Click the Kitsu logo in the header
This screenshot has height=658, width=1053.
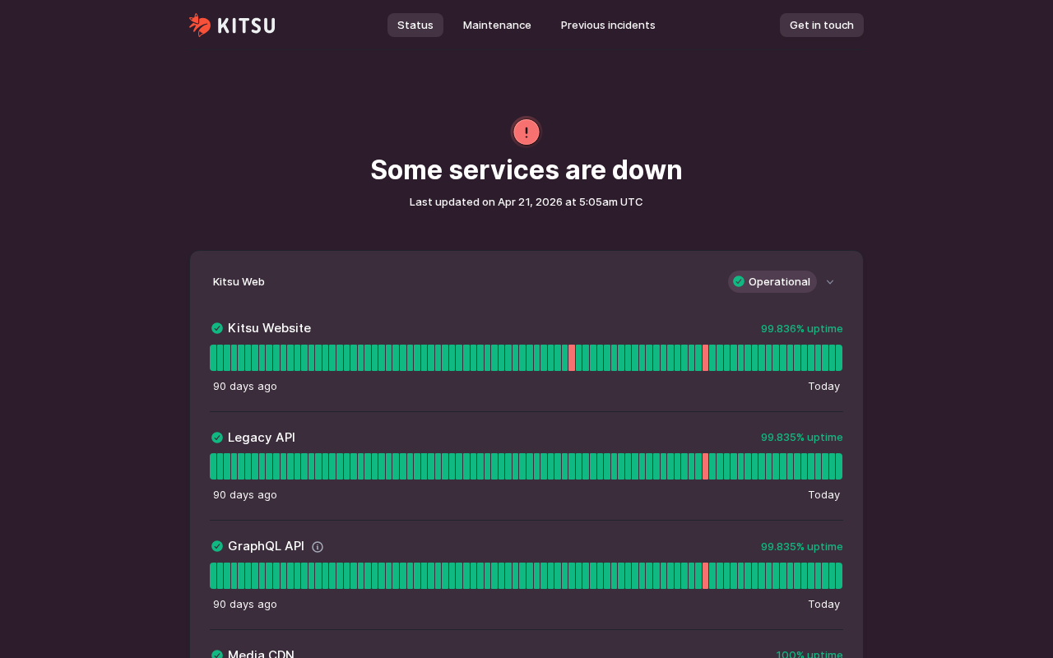tap(232, 25)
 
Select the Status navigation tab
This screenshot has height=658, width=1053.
tap(415, 25)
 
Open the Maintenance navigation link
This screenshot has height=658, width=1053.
tap(497, 25)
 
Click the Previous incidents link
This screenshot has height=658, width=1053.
tap(608, 25)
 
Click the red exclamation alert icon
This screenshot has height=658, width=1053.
tap(526, 132)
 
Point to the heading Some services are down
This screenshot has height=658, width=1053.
tap(526, 170)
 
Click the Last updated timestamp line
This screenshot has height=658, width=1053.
tap(526, 202)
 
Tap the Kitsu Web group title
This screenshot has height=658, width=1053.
tap(239, 281)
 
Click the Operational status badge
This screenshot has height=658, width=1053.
tap(772, 281)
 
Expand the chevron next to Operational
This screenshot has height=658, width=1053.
tap(830, 282)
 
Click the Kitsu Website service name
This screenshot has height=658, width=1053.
tap(269, 328)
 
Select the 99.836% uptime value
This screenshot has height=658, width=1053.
tap(801, 328)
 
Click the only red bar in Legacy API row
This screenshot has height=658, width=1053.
tap(706, 466)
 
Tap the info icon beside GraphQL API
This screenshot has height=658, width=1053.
tap(318, 547)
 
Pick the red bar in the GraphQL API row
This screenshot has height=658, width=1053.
tap(706, 576)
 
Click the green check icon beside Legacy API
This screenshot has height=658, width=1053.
tap(217, 438)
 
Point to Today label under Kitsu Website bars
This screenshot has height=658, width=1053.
tap(823, 386)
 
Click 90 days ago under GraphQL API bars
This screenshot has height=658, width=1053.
tap(245, 604)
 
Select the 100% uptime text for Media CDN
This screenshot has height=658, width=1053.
tap(809, 654)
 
